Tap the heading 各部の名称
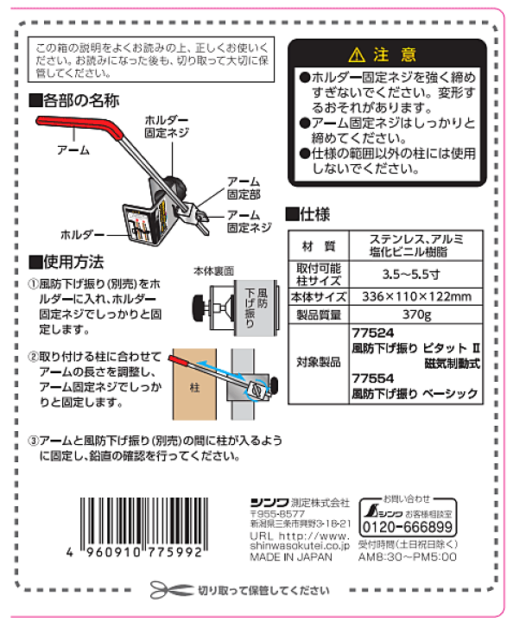click(80, 100)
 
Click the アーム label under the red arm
click(73, 149)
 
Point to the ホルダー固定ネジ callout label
click(163, 128)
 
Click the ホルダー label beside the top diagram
click(82, 234)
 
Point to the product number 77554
click(373, 377)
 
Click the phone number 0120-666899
click(407, 527)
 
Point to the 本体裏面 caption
click(216, 270)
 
